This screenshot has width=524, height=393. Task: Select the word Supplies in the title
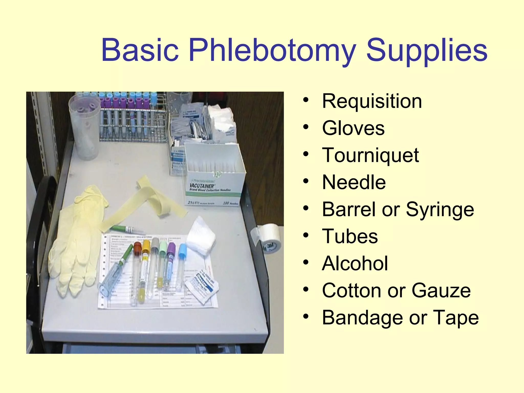(x=427, y=50)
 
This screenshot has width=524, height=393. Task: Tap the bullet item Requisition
(x=372, y=101)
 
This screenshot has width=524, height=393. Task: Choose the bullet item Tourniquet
(x=370, y=155)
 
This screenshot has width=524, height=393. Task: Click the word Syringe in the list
(x=440, y=210)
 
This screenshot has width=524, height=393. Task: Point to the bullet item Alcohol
(x=355, y=263)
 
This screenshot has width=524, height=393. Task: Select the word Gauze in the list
(x=441, y=290)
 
